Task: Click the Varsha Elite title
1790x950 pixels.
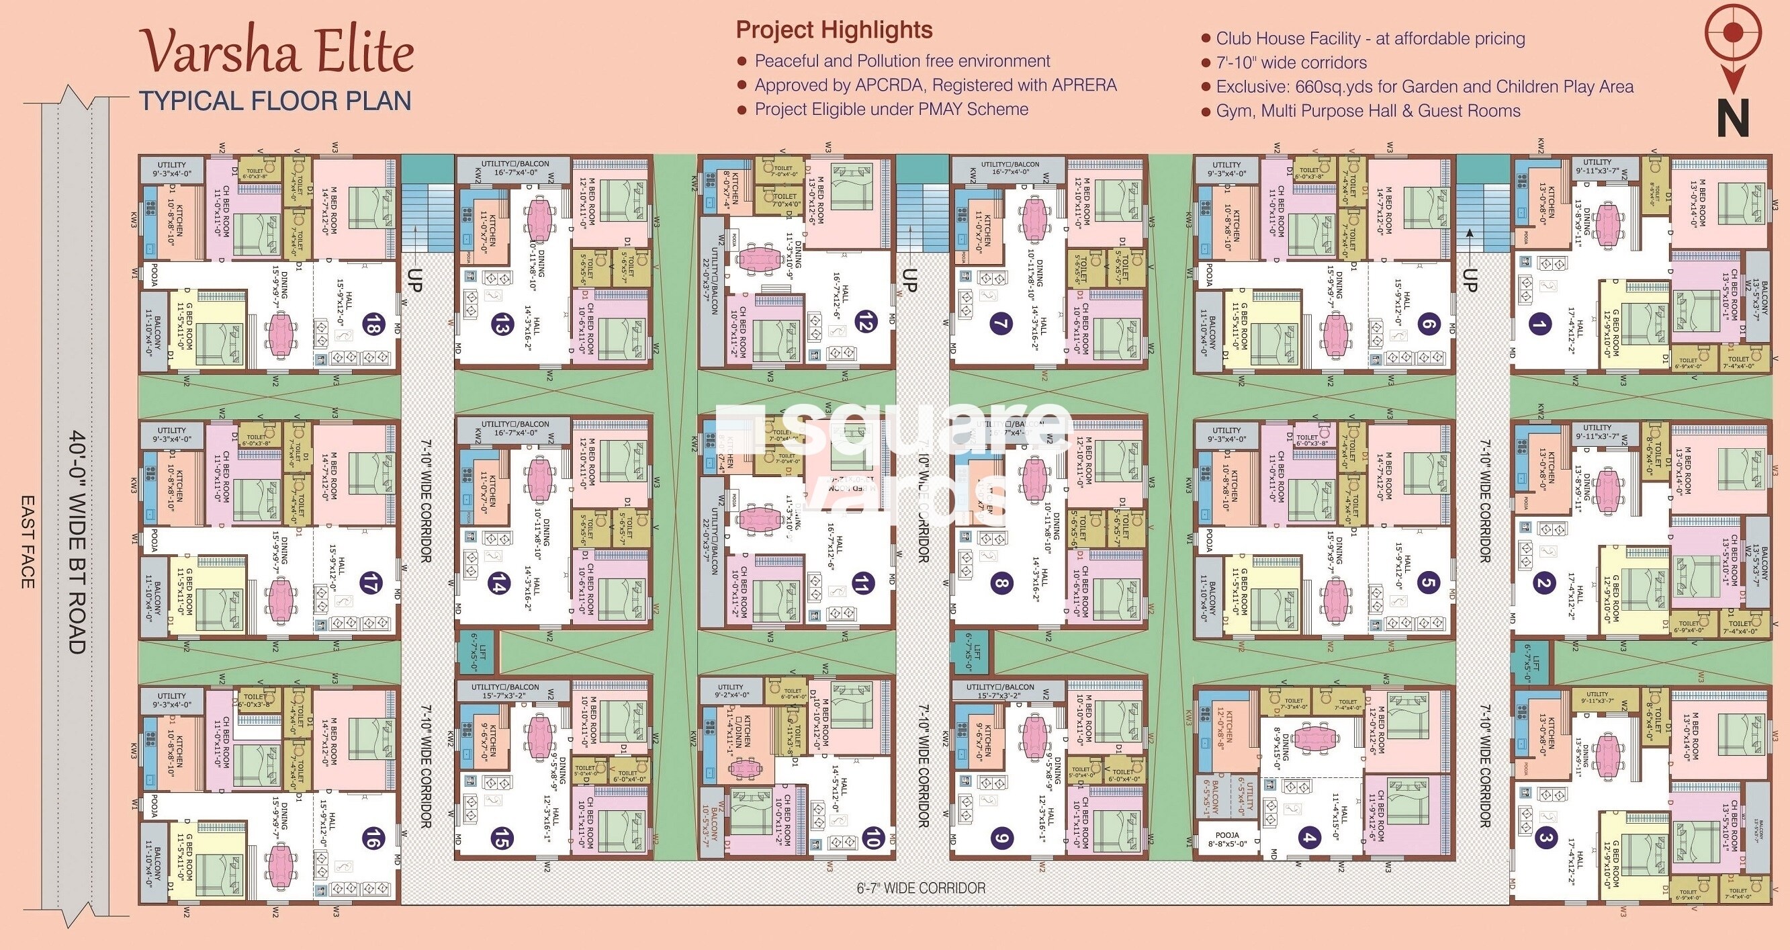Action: [278, 53]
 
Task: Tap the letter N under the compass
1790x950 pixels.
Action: [1732, 119]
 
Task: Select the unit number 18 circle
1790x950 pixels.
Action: [373, 325]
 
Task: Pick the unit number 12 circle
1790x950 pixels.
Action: [867, 321]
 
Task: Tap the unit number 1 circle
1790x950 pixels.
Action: [1541, 324]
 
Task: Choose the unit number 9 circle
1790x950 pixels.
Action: [1001, 838]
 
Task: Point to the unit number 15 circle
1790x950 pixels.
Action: [500, 838]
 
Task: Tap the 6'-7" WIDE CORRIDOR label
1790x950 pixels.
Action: [921, 888]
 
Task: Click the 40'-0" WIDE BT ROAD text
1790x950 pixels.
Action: [77, 542]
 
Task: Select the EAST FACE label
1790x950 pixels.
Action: [27, 542]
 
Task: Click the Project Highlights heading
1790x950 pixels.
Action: [834, 30]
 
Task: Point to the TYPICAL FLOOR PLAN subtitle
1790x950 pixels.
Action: [275, 101]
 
